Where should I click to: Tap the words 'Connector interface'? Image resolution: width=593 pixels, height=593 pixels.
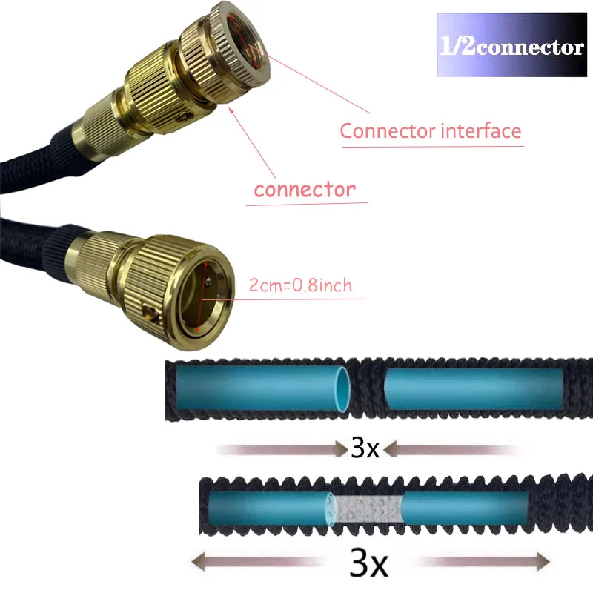430,131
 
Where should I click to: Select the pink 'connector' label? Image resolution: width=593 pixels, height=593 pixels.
304,190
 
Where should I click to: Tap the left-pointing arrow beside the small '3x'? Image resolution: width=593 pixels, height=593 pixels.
452,448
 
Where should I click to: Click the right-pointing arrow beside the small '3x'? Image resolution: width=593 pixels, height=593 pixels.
282,448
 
